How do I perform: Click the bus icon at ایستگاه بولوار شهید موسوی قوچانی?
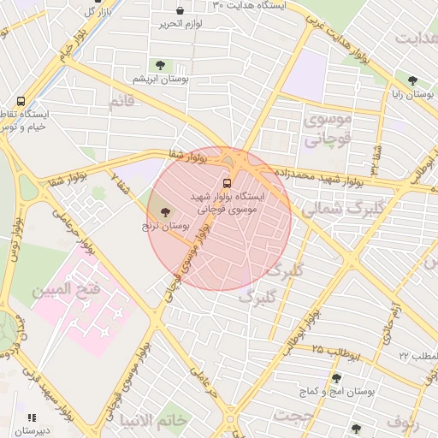227,182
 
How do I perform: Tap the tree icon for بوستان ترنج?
164,212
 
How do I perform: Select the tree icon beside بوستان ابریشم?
159,64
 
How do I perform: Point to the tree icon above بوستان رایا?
411,80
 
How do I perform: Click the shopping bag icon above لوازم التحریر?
180,10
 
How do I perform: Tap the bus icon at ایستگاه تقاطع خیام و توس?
21,100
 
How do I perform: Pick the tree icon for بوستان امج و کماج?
336,377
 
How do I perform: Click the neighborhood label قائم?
121,103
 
